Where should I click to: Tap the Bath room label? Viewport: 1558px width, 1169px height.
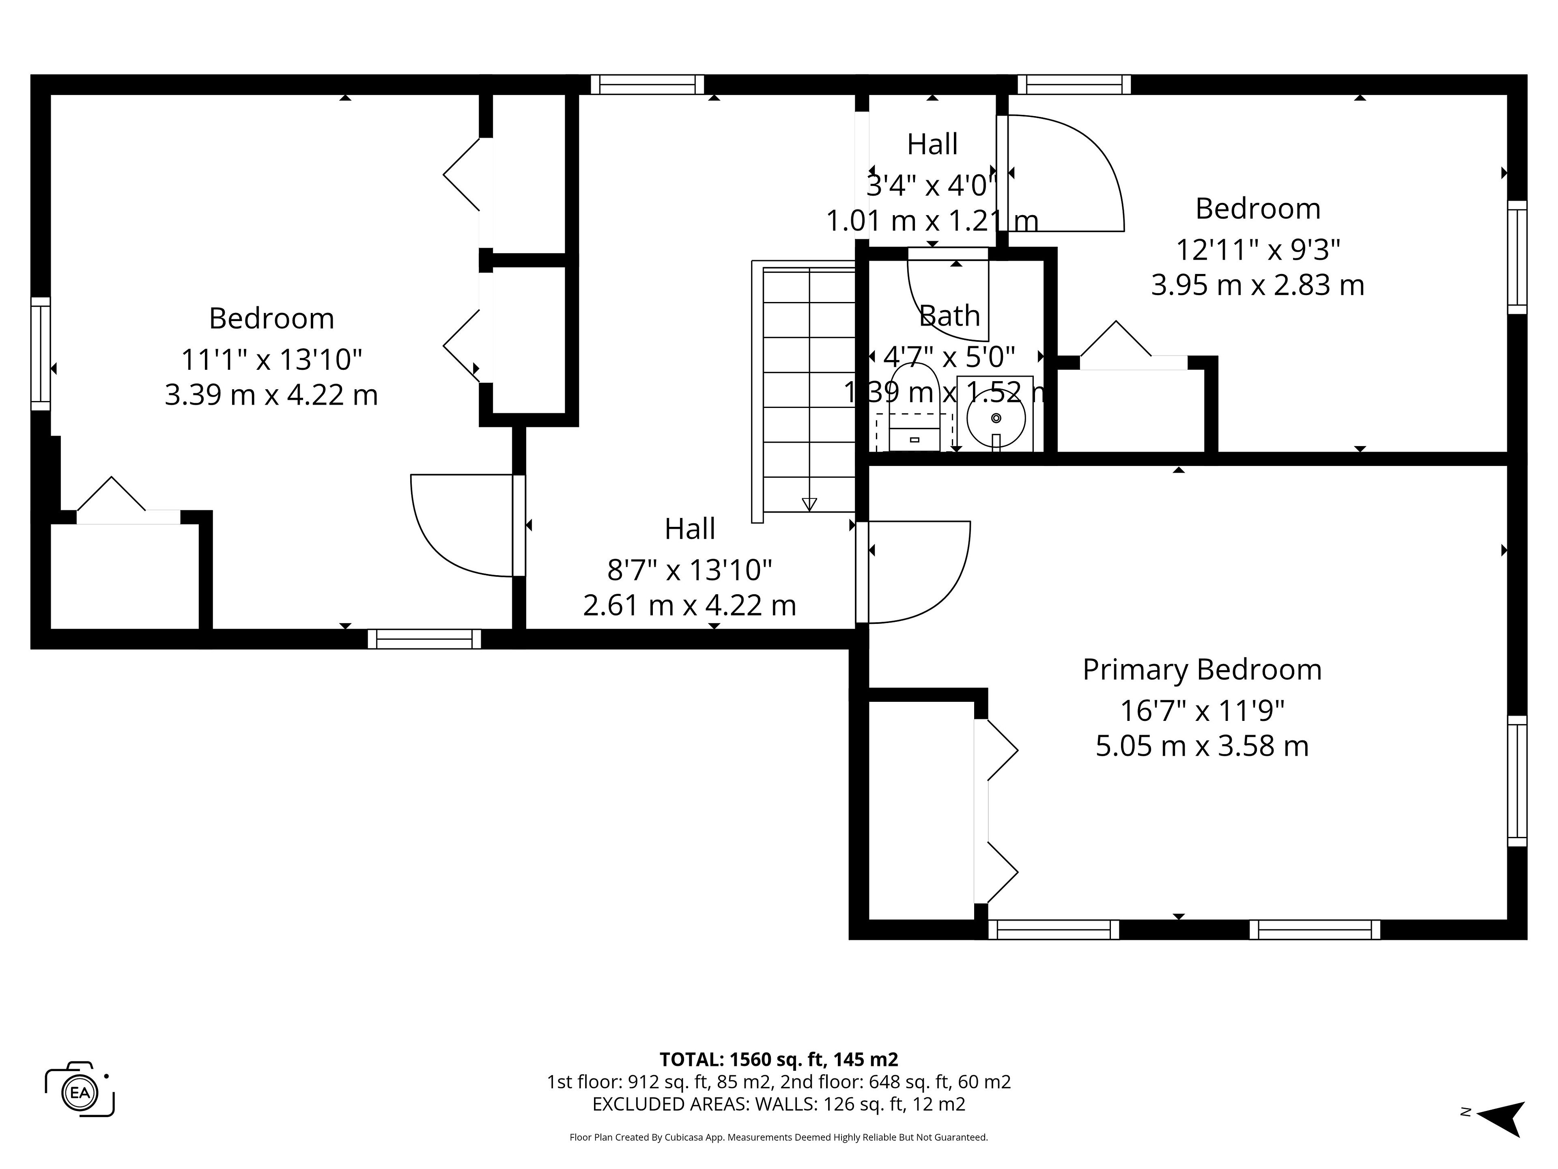point(949,316)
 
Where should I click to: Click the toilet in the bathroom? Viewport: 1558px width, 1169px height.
point(914,409)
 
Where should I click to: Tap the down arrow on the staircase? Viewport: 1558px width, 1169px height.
point(809,504)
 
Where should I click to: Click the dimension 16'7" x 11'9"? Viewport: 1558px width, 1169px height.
point(1202,710)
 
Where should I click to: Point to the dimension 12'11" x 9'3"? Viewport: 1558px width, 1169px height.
point(1257,250)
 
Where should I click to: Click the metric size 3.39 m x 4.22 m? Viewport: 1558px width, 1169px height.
point(271,395)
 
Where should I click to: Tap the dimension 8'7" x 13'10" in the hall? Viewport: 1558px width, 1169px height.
point(690,569)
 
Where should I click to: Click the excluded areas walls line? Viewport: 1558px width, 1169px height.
point(778,1104)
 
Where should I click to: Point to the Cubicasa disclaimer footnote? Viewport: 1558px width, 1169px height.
point(778,1137)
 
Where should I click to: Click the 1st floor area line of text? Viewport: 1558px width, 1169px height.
point(778,1082)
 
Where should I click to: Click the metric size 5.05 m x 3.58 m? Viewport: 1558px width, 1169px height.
point(1202,746)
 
